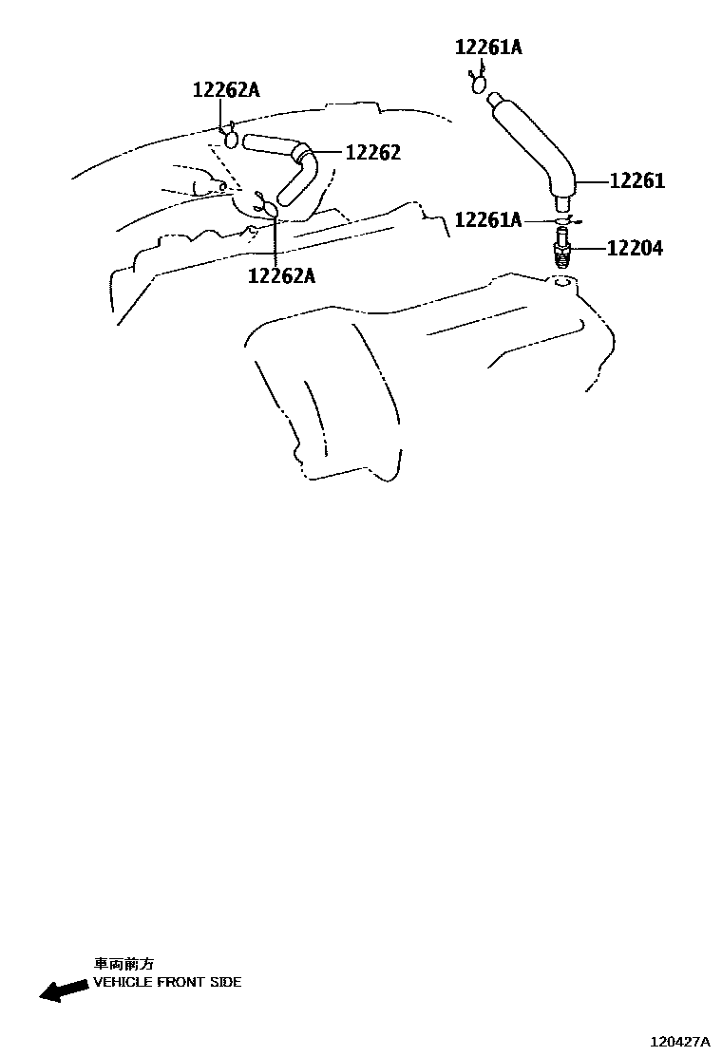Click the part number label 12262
pos(372,153)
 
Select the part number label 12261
pos(636,180)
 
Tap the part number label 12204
pos(635,249)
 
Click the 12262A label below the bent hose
pos(281,275)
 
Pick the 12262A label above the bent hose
pos(226,90)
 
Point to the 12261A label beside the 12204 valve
pos(488,220)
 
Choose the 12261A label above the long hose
pos(488,47)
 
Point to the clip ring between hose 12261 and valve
pos(563,220)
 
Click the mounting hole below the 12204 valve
pos(561,281)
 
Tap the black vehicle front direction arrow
pos(63,990)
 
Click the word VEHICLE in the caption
pos(123,982)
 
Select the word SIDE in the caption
pos(224,982)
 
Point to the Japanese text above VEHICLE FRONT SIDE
pos(123,963)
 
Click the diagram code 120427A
pos(680,1042)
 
